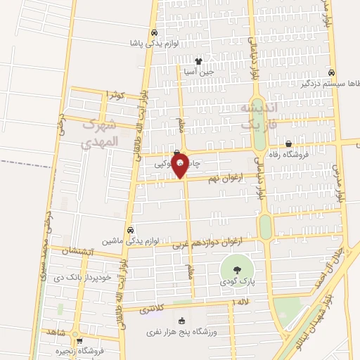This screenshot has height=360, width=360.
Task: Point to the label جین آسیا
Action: click(198, 72)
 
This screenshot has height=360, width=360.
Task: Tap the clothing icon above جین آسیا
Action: click(198, 61)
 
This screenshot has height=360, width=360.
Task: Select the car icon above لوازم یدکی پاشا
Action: click(153, 32)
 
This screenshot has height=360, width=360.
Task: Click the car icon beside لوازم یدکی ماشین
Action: click(131, 229)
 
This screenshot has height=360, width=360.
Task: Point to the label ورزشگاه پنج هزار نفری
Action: click(183, 331)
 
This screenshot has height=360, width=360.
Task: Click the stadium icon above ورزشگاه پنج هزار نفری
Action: click(183, 320)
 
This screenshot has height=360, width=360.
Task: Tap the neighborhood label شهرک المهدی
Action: click(97, 134)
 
